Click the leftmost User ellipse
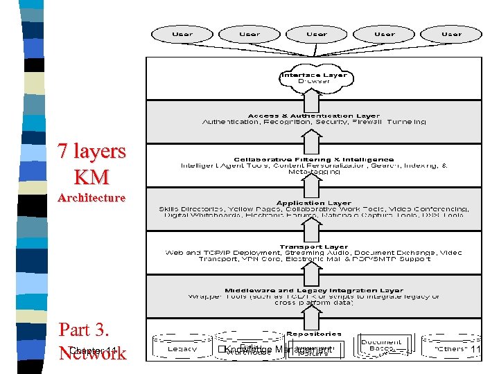[182, 33]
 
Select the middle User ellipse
[316, 33]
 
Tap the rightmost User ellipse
[450, 33]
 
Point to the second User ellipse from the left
[249, 33]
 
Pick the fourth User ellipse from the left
[383, 33]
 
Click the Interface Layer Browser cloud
[314, 78]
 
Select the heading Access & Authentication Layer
[314, 116]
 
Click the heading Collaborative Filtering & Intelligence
[314, 159]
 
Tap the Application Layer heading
[314, 203]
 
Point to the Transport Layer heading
[314, 247]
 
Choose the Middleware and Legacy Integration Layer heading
[314, 290]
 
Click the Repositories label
[314, 333]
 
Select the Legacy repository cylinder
[183, 348]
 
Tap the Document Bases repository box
[381, 346]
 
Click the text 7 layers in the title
[91, 151]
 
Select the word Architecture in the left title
[91, 198]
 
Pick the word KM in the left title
[91, 177]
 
